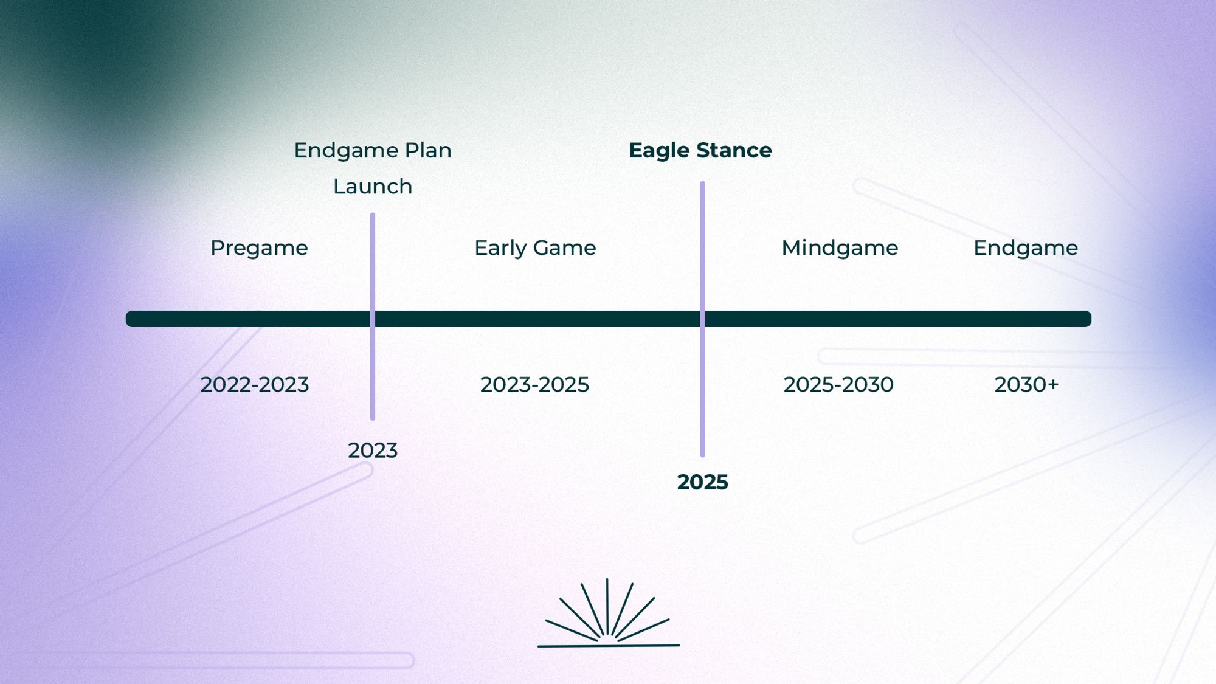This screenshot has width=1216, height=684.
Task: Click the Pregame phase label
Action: click(x=259, y=248)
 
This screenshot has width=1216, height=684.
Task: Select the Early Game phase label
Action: click(x=535, y=248)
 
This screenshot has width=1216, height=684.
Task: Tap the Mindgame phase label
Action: click(x=840, y=248)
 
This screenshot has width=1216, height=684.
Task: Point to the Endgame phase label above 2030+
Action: click(x=1026, y=248)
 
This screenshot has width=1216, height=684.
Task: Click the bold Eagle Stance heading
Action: click(x=700, y=151)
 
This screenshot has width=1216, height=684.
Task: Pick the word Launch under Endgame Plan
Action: click(x=373, y=186)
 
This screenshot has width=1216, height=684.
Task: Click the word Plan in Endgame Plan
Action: click(x=428, y=150)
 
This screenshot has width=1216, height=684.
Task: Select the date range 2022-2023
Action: click(x=255, y=385)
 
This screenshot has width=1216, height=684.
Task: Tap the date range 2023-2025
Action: click(x=534, y=385)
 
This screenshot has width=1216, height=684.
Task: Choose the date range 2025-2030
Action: click(x=838, y=385)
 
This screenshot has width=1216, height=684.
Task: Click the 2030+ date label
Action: click(x=1027, y=385)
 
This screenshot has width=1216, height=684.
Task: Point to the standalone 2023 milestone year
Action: click(x=373, y=451)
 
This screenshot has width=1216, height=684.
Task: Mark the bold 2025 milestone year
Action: click(x=703, y=482)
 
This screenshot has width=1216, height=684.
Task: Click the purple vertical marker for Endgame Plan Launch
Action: click(x=373, y=316)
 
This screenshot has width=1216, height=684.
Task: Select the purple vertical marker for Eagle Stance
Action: click(x=703, y=319)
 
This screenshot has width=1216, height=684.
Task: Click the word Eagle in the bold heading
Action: click(x=660, y=151)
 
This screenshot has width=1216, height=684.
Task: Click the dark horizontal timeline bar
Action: click(x=609, y=319)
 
